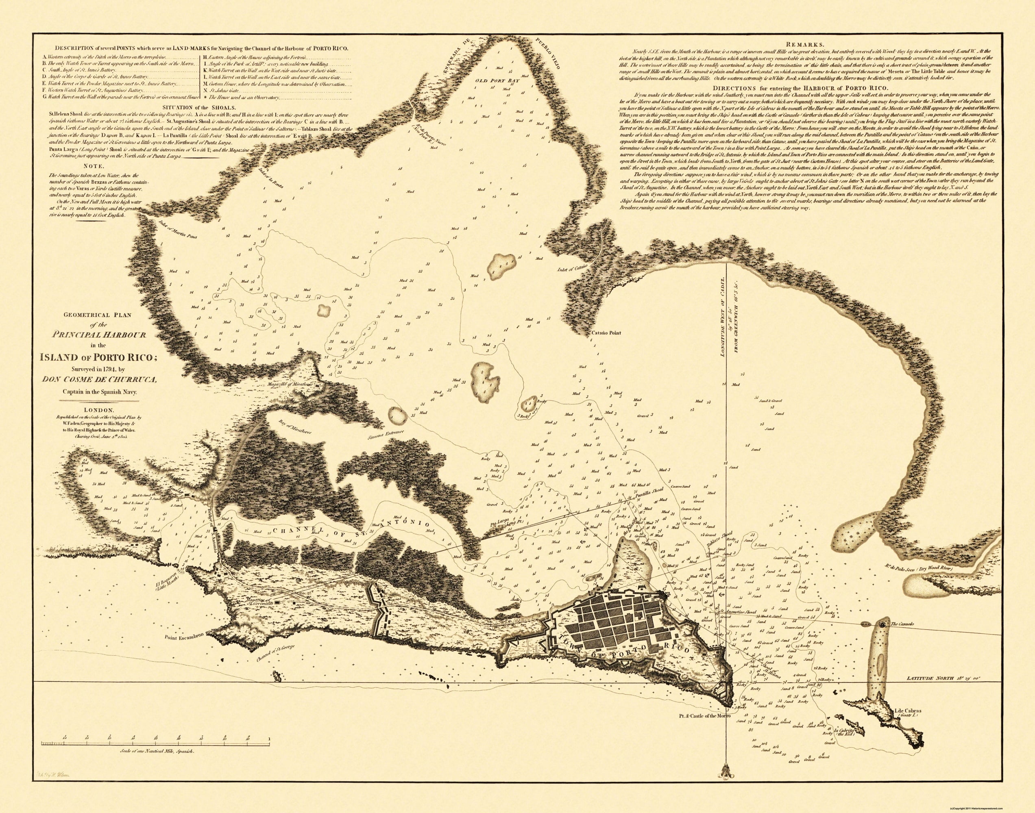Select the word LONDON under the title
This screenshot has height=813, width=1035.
tap(106, 409)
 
